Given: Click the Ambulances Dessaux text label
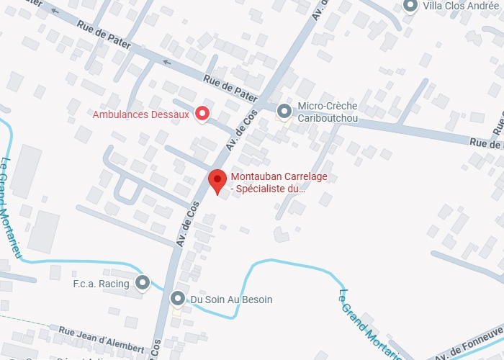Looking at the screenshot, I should (x=141, y=114).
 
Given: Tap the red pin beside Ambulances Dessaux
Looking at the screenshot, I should (x=203, y=113).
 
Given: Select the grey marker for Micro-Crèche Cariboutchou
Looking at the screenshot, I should (x=284, y=111).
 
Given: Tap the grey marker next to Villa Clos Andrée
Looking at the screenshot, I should (x=411, y=6).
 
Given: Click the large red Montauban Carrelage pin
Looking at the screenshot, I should (x=217, y=179).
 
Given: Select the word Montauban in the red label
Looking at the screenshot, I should (x=253, y=178).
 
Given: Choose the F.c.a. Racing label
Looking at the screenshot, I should (x=101, y=284).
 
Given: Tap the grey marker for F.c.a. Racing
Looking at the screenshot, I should (x=143, y=283).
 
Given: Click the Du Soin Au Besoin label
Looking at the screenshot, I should (x=231, y=299).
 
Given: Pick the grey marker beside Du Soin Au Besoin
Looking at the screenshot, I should (x=178, y=298).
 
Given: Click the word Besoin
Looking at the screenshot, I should (x=256, y=299).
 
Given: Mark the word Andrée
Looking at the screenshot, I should (x=485, y=6).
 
